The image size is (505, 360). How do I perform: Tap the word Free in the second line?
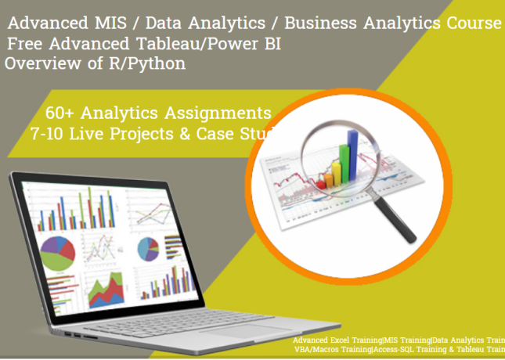28,44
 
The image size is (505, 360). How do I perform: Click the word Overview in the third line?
35,63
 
